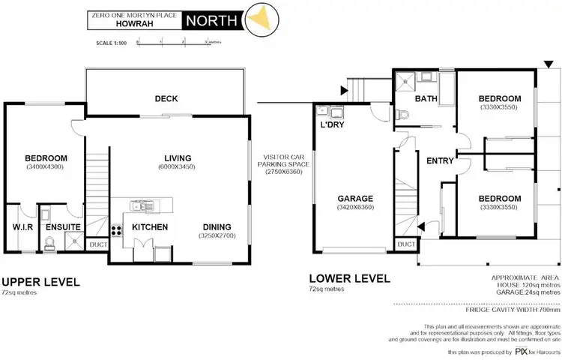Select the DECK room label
click(x=166, y=98)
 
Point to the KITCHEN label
click(x=150, y=227)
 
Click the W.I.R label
click(x=19, y=227)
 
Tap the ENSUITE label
click(x=56, y=227)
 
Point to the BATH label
click(x=426, y=98)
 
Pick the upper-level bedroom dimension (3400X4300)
click(x=46, y=168)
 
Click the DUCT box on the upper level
click(x=97, y=244)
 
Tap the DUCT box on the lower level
click(x=405, y=244)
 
